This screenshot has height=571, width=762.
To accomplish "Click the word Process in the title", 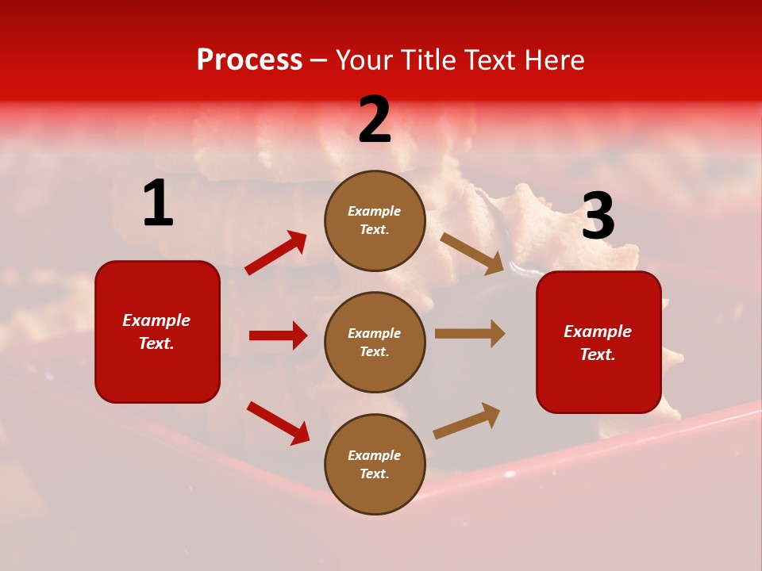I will (x=249, y=60).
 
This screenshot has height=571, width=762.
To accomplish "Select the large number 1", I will (x=158, y=204).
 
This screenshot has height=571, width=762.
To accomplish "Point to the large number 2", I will (x=375, y=121).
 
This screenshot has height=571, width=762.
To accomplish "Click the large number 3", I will (x=598, y=217).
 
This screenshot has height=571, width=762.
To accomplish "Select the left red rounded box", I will (x=157, y=331).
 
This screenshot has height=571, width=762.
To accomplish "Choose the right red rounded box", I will (x=598, y=342).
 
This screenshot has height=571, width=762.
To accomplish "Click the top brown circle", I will (x=375, y=220).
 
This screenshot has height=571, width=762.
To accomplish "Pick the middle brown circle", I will (x=375, y=342).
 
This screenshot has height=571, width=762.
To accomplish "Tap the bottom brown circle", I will (x=375, y=464).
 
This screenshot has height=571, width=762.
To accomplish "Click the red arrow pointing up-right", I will (x=276, y=253).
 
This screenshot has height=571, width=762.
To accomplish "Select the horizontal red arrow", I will (x=278, y=335).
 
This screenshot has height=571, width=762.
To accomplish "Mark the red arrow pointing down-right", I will (x=278, y=423).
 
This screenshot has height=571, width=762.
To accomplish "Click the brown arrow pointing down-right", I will (x=471, y=253).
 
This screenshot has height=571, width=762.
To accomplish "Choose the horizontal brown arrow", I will (x=470, y=334).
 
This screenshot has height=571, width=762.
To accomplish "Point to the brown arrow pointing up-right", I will (x=467, y=420).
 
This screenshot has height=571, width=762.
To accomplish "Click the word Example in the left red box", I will (x=156, y=320).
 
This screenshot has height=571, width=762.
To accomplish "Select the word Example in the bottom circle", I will (x=374, y=455).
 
